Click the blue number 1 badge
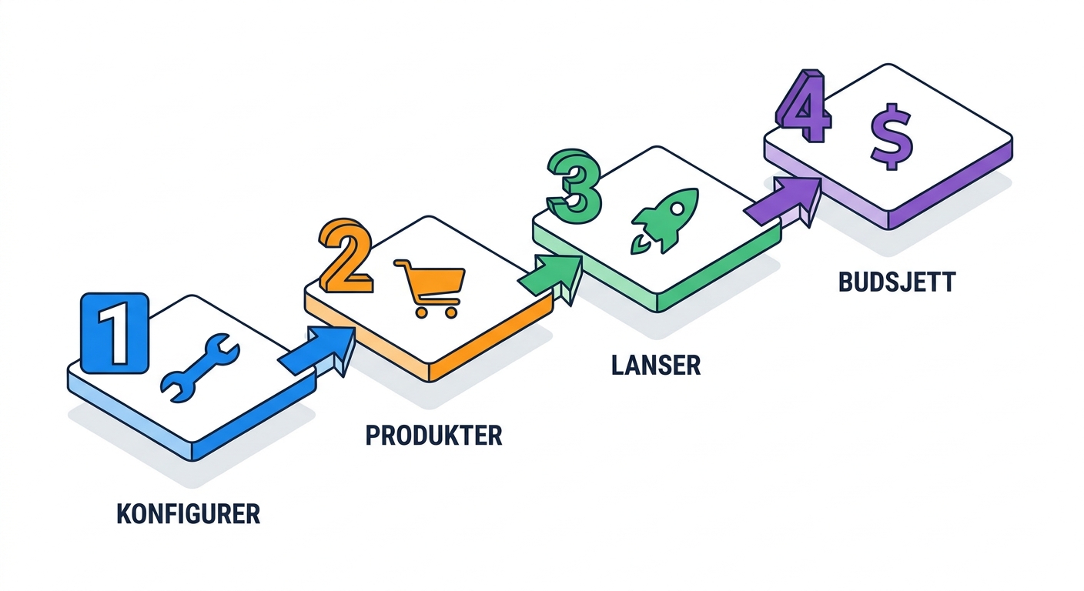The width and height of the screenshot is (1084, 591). point(115,333)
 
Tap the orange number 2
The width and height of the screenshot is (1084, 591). point(346,256)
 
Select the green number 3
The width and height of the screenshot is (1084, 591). point(574,185)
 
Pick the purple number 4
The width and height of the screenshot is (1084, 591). point(803,106)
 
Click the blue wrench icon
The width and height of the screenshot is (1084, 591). point(199,368)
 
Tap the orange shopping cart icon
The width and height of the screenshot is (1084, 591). point(430,289)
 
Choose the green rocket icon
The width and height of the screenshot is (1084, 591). point(664,221)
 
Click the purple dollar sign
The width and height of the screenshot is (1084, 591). point(892,136)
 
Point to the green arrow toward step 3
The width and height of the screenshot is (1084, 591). point(550,279)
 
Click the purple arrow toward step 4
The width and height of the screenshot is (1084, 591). point(783,202)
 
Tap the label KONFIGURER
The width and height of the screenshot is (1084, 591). point(189,514)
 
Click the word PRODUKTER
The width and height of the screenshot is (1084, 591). point(433,436)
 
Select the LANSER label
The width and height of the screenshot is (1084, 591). point(656,366)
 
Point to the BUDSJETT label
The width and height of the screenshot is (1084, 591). point(897,282)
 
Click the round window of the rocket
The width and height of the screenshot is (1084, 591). point(678,209)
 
